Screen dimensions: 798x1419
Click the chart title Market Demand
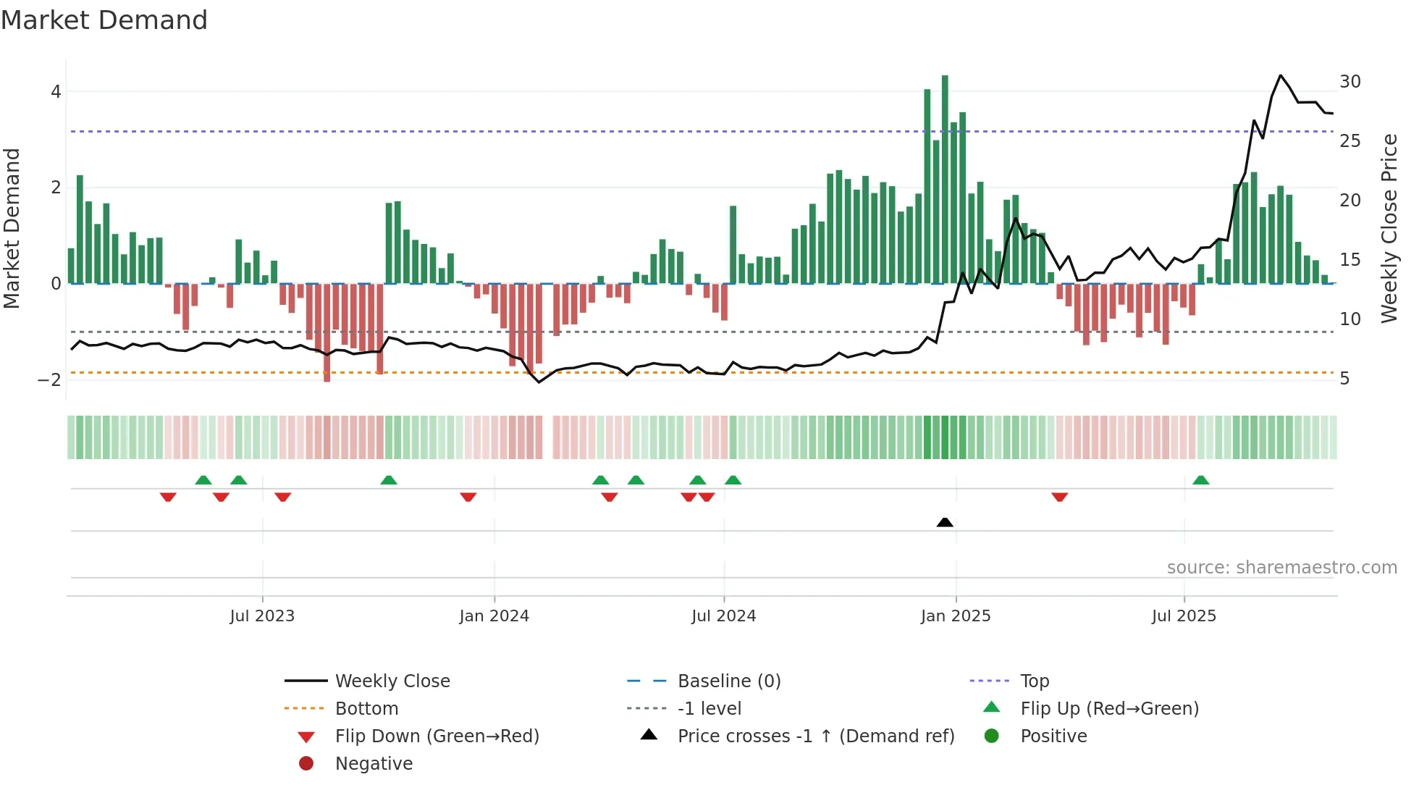click(104, 20)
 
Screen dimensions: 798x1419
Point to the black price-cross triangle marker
click(945, 522)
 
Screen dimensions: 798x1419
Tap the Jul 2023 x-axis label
click(262, 616)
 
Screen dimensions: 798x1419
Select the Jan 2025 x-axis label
click(956, 616)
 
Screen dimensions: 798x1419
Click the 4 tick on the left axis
click(56, 92)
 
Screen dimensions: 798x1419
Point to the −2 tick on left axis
click(49, 379)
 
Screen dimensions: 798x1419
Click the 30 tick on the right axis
click(1349, 82)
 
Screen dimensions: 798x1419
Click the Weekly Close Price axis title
click(1389, 228)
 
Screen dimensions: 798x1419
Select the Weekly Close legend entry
click(392, 681)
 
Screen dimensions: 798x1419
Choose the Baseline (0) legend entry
click(728, 681)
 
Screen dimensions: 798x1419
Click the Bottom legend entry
click(366, 709)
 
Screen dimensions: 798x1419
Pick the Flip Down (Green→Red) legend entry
click(437, 736)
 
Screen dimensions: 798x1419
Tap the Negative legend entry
click(374, 764)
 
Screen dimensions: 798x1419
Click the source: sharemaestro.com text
click(1281, 568)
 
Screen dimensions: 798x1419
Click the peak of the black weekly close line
click(1281, 75)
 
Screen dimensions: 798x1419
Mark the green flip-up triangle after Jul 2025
click(1201, 480)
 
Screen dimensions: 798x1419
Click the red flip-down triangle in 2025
click(1060, 497)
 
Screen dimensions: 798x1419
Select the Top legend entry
click(1034, 681)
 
